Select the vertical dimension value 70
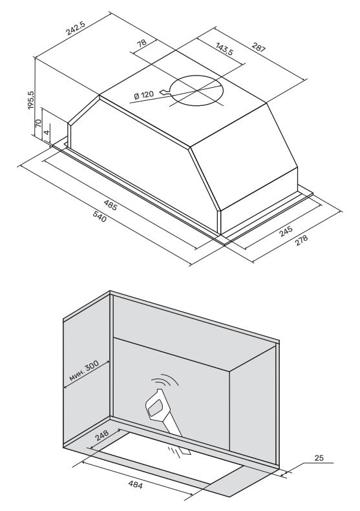click(x=39, y=122)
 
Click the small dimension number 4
click(x=46, y=132)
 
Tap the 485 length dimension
click(x=111, y=207)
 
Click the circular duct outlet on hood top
click(x=197, y=90)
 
